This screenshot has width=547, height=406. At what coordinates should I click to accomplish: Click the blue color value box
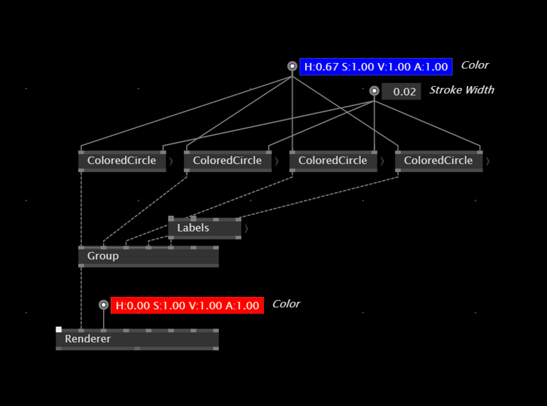tap(376, 67)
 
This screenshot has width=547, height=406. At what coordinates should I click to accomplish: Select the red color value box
tap(187, 305)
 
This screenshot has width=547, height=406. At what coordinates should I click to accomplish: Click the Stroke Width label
tap(461, 90)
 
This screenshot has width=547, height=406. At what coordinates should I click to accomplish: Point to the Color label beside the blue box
tap(475, 65)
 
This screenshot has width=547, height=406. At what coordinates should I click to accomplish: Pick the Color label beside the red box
tap(286, 304)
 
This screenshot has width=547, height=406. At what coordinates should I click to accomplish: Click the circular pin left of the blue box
tap(292, 66)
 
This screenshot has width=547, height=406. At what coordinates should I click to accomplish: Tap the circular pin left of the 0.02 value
tap(374, 91)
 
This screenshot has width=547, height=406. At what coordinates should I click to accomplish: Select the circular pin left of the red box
tap(104, 305)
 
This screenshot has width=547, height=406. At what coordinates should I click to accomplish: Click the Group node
tap(149, 256)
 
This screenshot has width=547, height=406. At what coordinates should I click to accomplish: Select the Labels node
tap(205, 228)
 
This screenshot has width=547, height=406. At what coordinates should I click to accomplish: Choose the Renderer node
tap(138, 339)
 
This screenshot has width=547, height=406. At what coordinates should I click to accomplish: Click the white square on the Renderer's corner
tap(59, 329)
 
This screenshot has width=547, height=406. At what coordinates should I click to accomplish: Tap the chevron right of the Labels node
tap(246, 228)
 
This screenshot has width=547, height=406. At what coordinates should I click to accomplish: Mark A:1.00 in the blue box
tap(431, 67)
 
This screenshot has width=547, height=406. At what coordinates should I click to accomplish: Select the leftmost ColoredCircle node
tap(122, 161)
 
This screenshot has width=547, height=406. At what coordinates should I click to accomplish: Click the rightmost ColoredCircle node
tap(439, 161)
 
